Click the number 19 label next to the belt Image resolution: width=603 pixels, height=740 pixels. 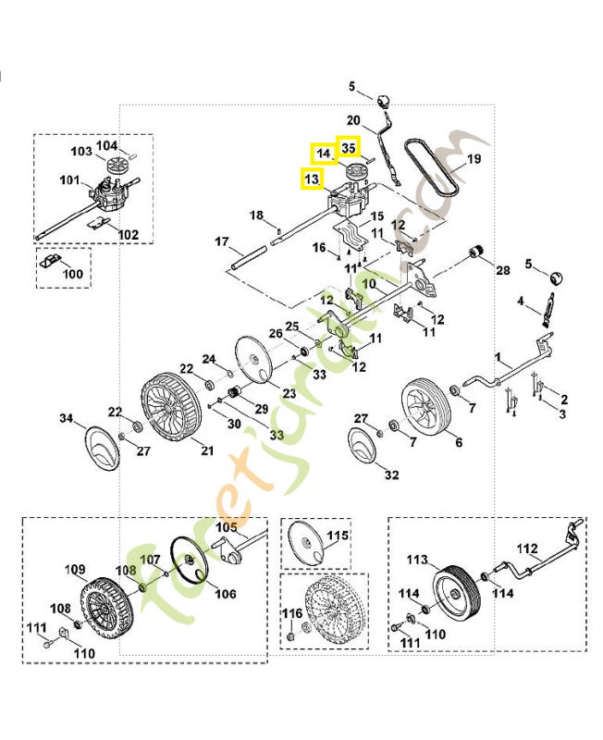coord(473,159)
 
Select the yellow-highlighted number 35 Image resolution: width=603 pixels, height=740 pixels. coord(348,147)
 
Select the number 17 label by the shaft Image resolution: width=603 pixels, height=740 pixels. coord(222,242)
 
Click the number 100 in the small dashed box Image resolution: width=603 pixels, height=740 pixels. coord(72,275)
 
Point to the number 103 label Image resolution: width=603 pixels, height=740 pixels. coord(81,151)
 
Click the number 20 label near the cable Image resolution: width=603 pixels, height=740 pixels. coord(353,120)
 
